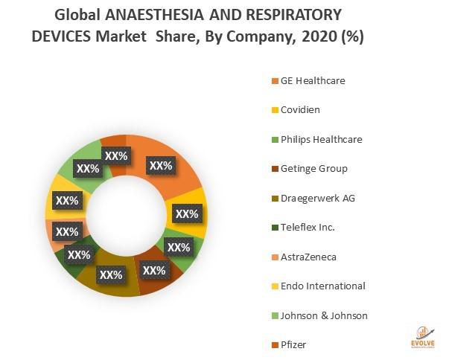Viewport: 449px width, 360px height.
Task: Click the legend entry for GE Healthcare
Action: click(313, 80)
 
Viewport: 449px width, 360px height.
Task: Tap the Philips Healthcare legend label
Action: click(321, 139)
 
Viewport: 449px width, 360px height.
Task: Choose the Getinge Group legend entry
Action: click(313, 168)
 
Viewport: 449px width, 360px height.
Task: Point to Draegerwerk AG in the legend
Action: click(317, 198)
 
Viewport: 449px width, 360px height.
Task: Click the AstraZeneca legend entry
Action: click(308, 257)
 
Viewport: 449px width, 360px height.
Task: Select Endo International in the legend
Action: click(322, 286)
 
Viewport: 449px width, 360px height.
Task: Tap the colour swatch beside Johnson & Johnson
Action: click(274, 315)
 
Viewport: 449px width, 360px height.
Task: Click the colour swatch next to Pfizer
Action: click(274, 345)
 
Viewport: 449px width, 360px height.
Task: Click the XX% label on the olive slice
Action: click(110, 274)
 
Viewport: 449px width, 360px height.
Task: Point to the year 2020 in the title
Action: click(308, 37)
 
